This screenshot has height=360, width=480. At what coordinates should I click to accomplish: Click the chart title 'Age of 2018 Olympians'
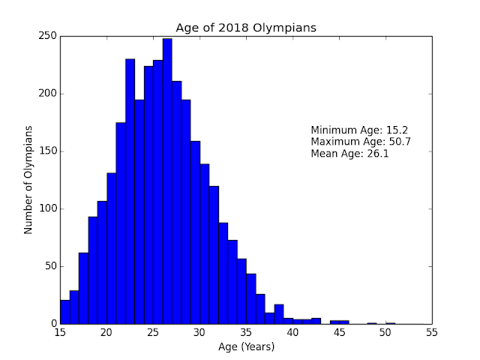pyautogui.click(x=245, y=29)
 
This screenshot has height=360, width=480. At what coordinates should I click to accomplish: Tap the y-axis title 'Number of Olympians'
pyautogui.click(x=28, y=180)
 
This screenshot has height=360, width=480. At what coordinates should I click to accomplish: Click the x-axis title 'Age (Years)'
pyautogui.click(x=245, y=346)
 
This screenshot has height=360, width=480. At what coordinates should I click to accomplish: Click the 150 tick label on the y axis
pyautogui.click(x=46, y=151)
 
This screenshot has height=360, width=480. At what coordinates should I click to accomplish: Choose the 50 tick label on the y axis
pyautogui.click(x=49, y=266)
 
